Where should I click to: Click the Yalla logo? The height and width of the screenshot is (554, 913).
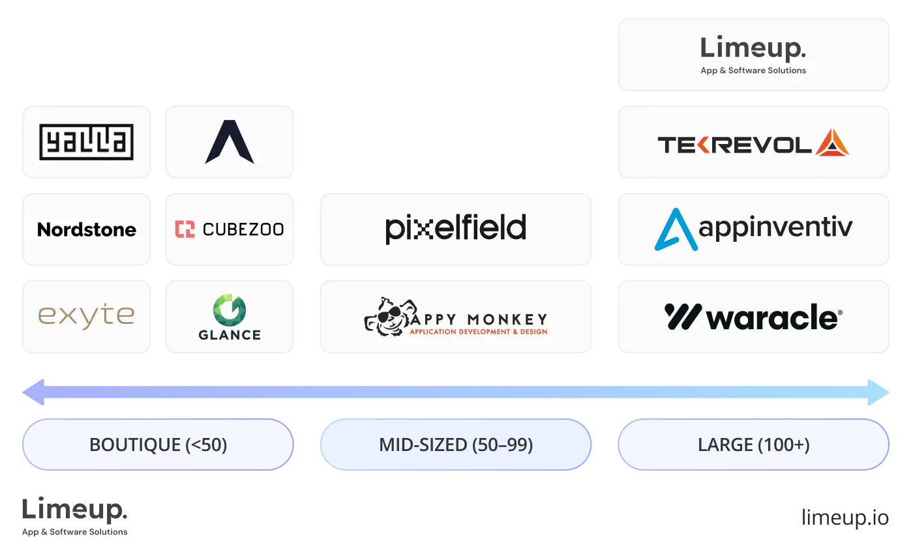point(86,142)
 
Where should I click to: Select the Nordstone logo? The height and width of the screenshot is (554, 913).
point(87,229)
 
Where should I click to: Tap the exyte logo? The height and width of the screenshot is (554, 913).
point(86,316)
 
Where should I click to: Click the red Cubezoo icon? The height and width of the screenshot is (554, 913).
point(185,229)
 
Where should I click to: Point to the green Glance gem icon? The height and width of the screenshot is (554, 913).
point(230,310)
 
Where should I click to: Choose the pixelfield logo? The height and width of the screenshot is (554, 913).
point(456,229)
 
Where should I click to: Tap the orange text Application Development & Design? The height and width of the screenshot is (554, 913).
point(478,332)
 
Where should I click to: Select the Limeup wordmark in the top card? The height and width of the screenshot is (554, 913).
point(753,49)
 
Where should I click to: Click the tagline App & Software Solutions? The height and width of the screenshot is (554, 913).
point(753,70)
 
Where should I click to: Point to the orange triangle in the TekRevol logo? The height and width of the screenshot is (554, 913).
point(833,143)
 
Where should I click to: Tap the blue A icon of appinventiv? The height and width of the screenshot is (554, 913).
point(675,229)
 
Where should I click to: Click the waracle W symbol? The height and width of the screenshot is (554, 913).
point(683,317)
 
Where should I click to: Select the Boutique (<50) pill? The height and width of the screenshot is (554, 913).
point(158,445)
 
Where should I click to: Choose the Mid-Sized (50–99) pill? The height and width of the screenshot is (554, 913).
point(456,445)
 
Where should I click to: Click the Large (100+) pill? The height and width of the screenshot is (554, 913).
point(753,445)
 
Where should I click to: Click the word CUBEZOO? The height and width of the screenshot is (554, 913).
point(243,229)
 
